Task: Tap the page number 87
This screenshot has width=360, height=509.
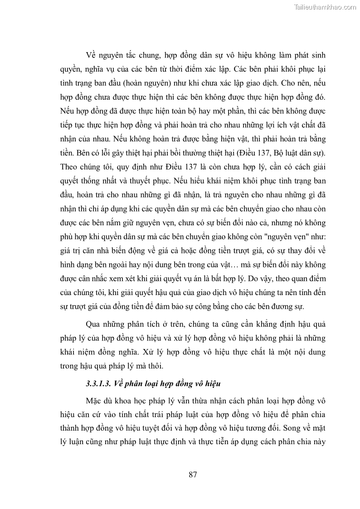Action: click(193, 475)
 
